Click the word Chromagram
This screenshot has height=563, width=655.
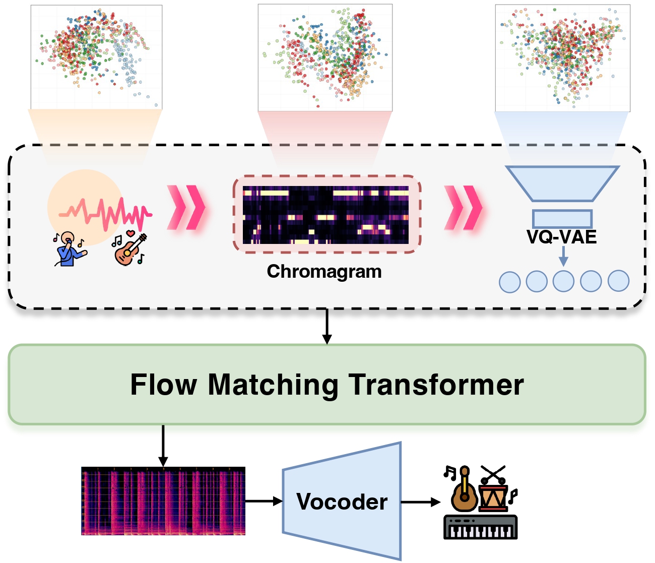[324, 272]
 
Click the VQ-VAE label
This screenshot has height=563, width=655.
[561, 237]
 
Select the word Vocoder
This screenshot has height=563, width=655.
[342, 502]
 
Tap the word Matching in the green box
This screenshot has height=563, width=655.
[273, 385]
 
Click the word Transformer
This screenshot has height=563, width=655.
[436, 384]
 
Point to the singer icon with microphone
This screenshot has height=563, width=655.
[70, 249]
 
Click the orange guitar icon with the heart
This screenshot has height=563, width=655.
[130, 247]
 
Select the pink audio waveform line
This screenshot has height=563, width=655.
[105, 213]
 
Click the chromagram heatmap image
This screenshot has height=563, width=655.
[325, 215]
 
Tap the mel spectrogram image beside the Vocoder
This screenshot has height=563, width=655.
[163, 501]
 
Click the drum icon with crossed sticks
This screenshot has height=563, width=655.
[493, 488]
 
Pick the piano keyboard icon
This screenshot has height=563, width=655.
[480, 527]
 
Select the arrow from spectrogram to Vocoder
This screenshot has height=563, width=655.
[264, 501]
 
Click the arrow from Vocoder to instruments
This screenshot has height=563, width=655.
[421, 502]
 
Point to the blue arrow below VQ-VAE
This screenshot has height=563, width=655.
[563, 256]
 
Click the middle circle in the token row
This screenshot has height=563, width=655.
[563, 281]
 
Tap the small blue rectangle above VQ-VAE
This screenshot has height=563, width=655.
[562, 219]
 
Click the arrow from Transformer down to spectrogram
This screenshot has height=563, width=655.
[163, 446]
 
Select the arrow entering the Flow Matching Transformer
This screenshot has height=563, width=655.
[326, 327]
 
